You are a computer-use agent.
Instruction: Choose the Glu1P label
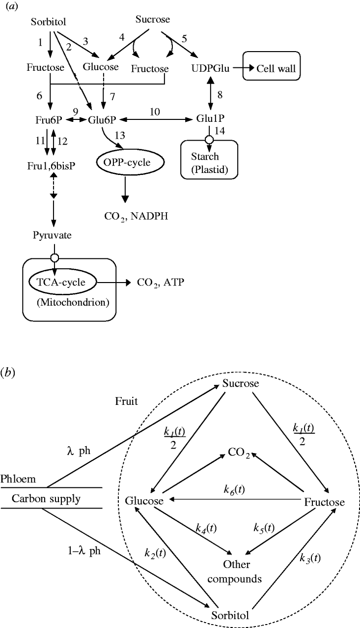click(211, 119)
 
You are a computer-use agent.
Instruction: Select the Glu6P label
click(102, 119)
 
